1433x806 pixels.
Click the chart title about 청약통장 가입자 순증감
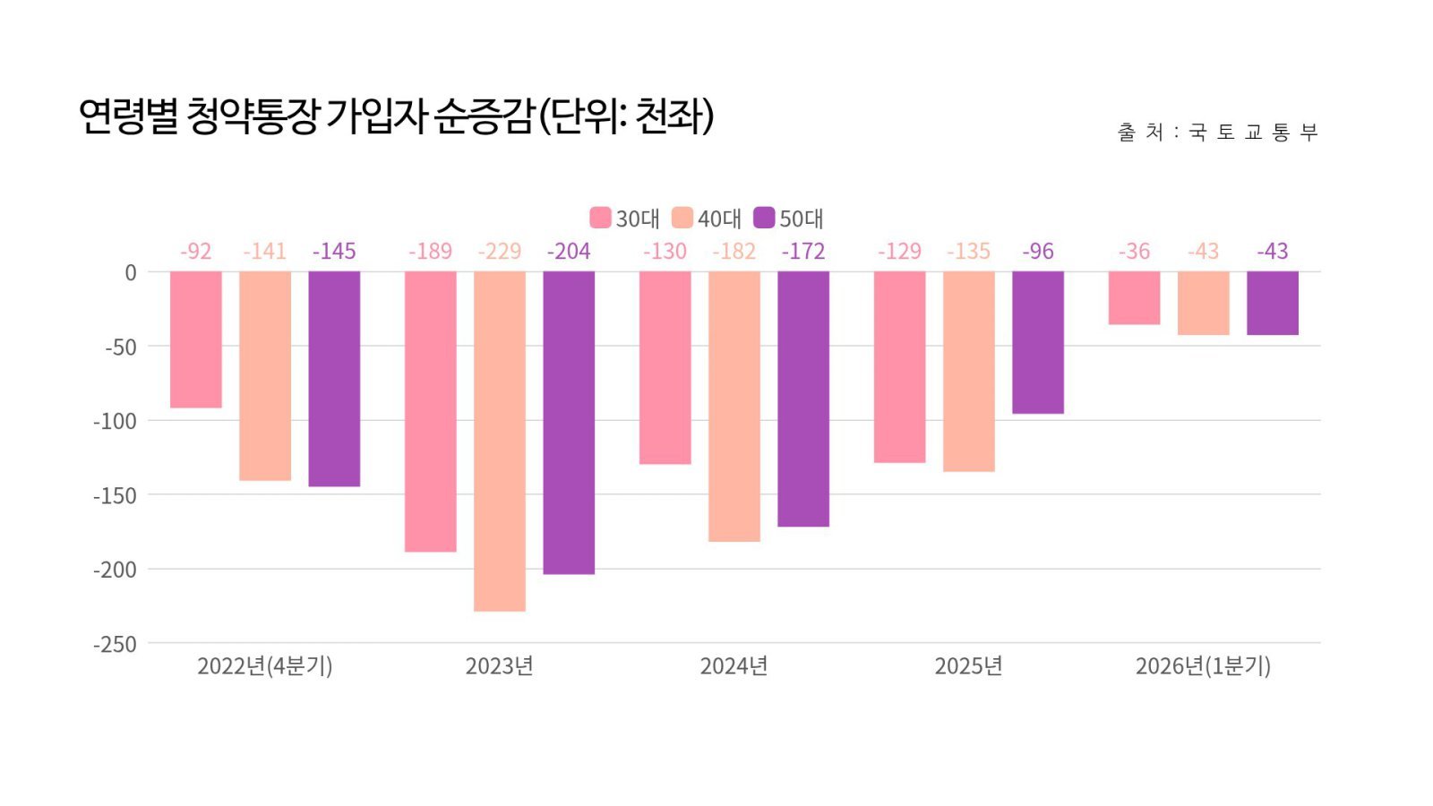395,116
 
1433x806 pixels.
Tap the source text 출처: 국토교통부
1217,133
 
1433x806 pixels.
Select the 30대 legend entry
624,219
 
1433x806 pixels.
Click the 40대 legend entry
707,219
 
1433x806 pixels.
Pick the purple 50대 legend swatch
764,218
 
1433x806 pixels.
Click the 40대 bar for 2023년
500,441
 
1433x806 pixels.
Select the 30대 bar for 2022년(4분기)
196,339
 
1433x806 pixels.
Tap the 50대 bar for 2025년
1038,342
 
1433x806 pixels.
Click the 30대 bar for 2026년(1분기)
1134,298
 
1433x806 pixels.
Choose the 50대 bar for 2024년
803,399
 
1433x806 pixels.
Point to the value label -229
500,252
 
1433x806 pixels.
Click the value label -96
1038,252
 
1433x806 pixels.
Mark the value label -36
1134,252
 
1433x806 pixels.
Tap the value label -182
734,252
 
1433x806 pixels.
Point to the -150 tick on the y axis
116,495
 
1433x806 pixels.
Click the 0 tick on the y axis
131,273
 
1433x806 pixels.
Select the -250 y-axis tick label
116,644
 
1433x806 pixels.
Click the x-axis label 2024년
734,666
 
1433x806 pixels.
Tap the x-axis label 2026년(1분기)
1203,666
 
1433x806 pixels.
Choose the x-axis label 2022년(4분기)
264,666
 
